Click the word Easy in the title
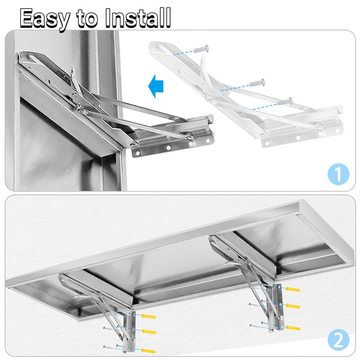45,18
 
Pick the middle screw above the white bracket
257,82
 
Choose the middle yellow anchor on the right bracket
293,306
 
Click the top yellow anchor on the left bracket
148,316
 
